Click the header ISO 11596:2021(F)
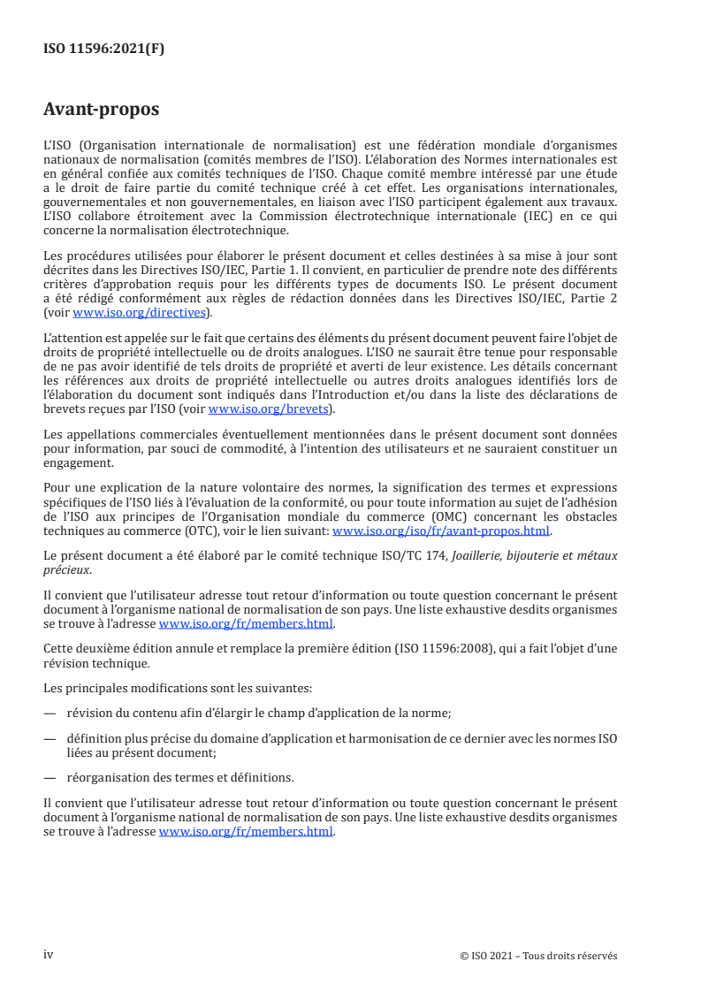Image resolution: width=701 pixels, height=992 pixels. [x=103, y=50]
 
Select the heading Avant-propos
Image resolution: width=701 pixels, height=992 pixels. [x=101, y=110]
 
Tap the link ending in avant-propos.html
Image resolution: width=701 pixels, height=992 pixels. [x=440, y=530]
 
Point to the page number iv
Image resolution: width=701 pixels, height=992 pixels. [x=49, y=955]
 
